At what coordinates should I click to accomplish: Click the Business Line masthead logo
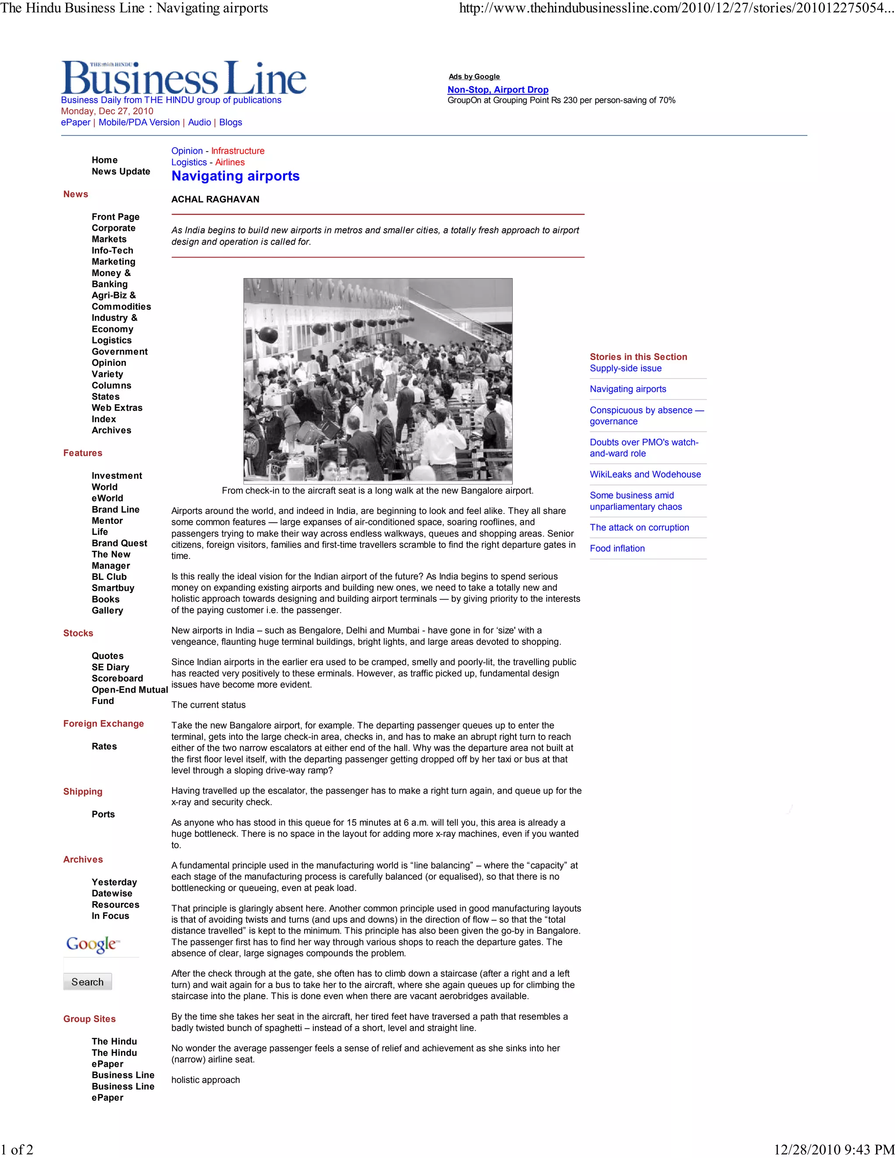(x=184, y=79)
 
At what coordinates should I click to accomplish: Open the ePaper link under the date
(x=75, y=122)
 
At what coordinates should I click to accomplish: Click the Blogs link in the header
(x=230, y=122)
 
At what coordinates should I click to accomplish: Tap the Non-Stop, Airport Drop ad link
(x=497, y=90)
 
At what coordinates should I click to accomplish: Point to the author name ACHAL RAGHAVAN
(x=215, y=199)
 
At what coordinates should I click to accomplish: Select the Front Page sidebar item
(x=115, y=217)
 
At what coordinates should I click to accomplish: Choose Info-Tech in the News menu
(x=112, y=250)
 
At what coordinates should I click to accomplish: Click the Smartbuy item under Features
(x=113, y=588)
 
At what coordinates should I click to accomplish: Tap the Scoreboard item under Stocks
(x=117, y=678)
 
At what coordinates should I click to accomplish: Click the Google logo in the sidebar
(x=93, y=944)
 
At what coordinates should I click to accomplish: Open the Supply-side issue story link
(x=626, y=368)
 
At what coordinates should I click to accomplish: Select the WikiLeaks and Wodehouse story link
(x=645, y=475)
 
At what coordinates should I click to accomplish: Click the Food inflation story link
(x=617, y=548)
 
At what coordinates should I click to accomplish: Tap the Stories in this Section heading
(x=638, y=357)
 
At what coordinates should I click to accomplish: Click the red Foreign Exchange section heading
(x=104, y=724)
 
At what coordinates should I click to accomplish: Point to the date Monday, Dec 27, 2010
(x=107, y=111)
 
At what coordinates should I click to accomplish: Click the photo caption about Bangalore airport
(x=378, y=490)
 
